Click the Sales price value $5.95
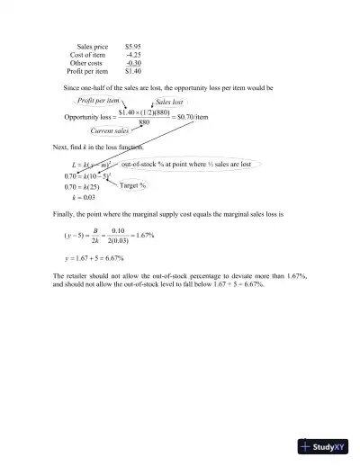pos(132,44)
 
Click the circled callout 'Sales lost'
pos(169,103)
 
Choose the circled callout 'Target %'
pos(133,185)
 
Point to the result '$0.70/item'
pos(195,116)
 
